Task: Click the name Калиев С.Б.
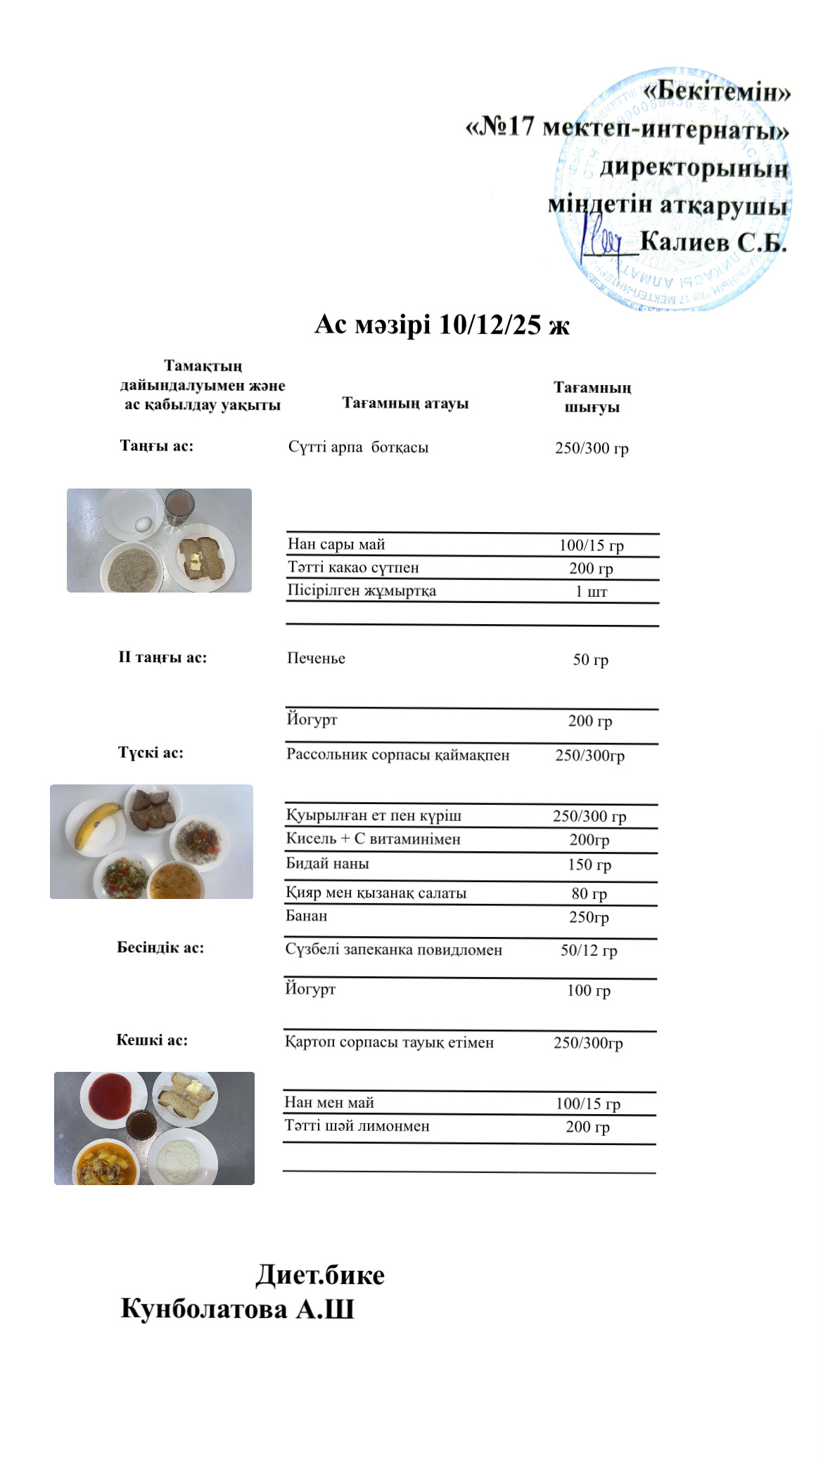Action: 713,242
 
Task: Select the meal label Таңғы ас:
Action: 156,446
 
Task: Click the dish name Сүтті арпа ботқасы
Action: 358,447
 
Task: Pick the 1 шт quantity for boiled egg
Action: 591,591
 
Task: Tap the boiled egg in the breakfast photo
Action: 143,524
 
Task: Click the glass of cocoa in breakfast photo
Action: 179,507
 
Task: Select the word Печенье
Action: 316,659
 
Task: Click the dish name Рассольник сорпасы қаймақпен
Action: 397,755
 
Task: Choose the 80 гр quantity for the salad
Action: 589,893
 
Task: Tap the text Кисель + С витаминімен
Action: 373,839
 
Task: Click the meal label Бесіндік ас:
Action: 160,947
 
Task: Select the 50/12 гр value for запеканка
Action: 589,950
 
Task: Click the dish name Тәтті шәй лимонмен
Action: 357,1126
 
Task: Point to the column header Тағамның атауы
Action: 405,403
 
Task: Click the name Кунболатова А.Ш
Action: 237,1309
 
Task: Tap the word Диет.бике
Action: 320,1275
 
